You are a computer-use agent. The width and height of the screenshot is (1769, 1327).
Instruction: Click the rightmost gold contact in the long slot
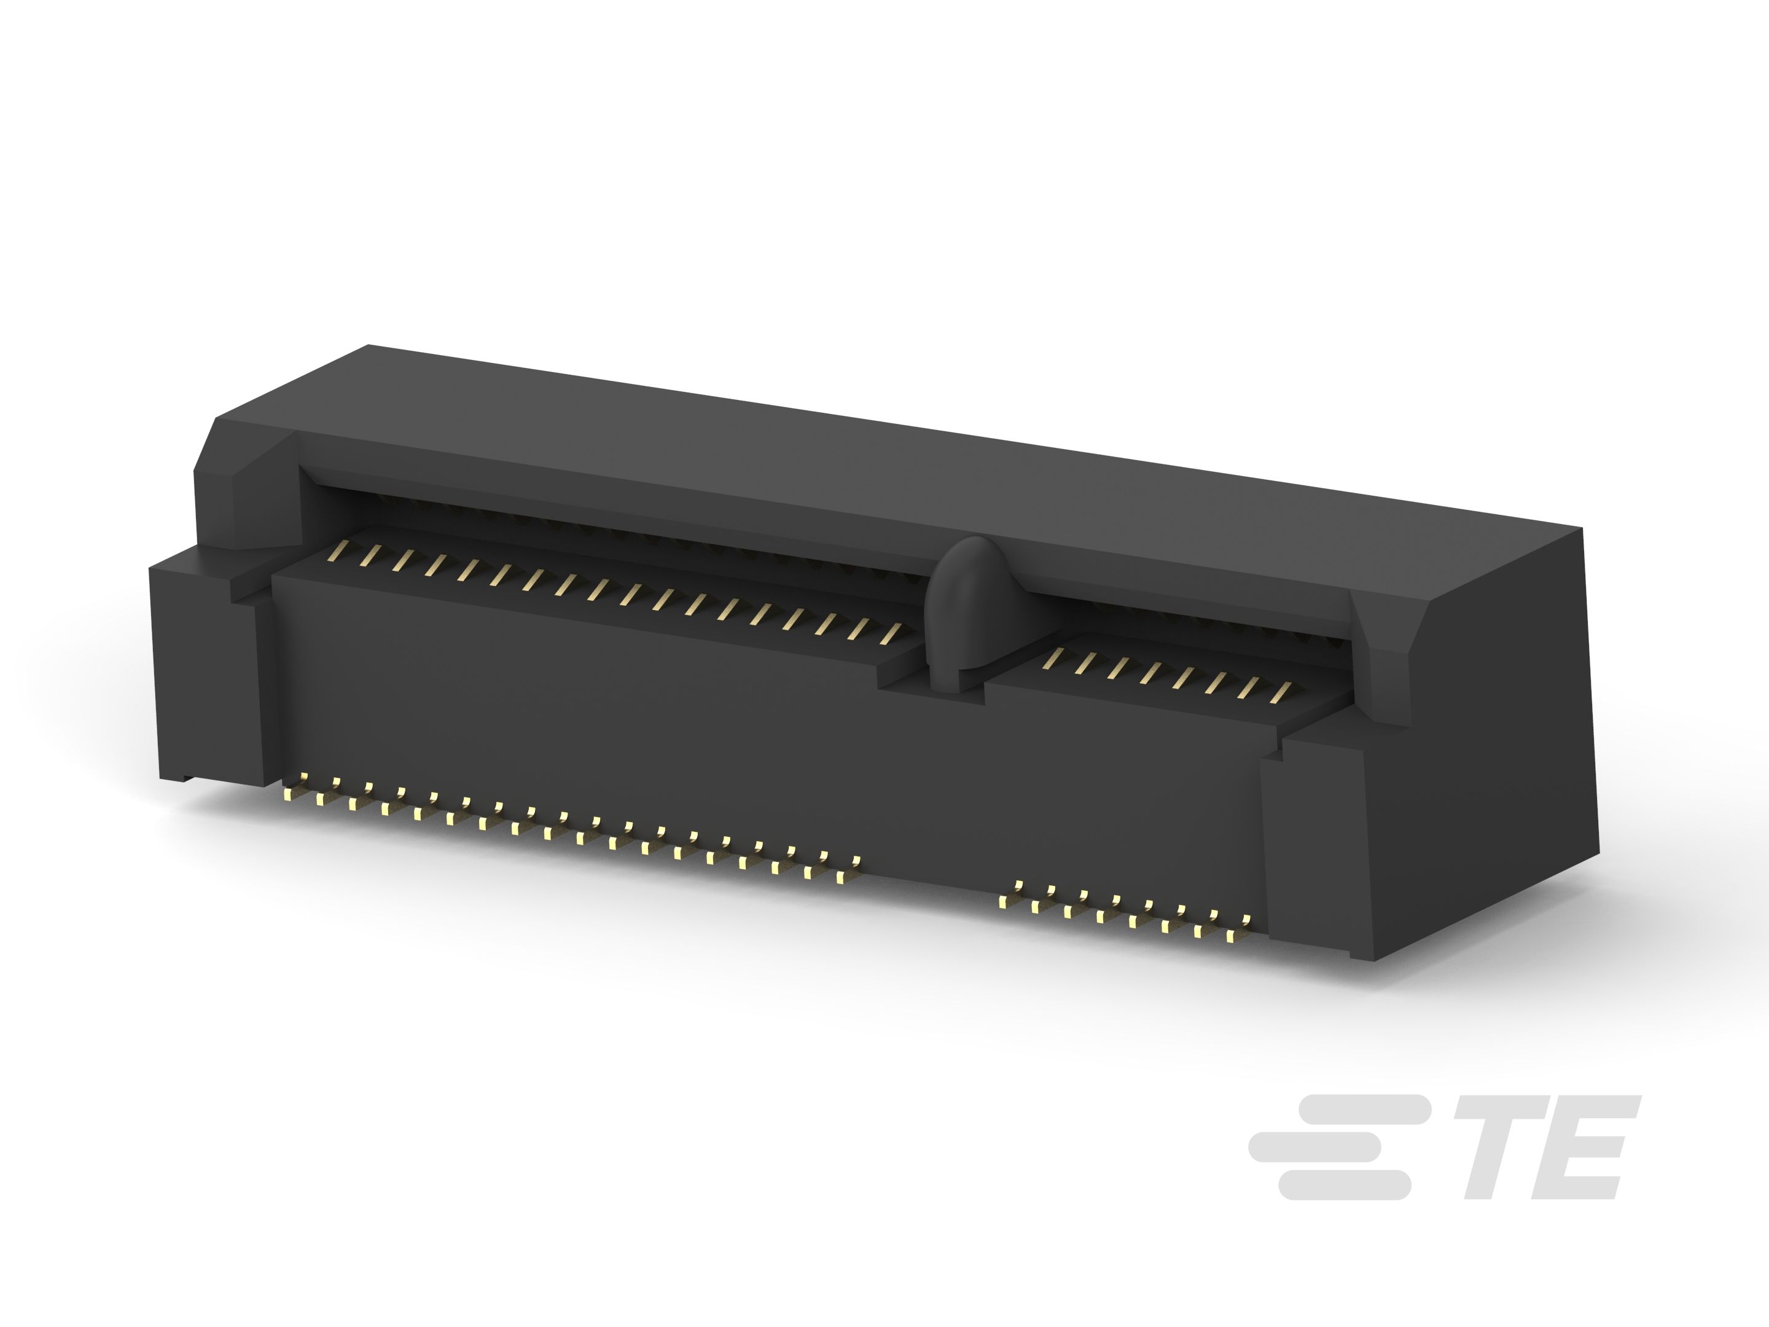890,633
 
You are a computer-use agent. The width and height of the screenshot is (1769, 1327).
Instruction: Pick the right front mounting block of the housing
1311,848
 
